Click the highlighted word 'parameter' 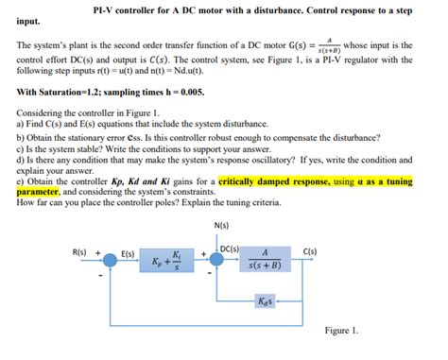point(38,191)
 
